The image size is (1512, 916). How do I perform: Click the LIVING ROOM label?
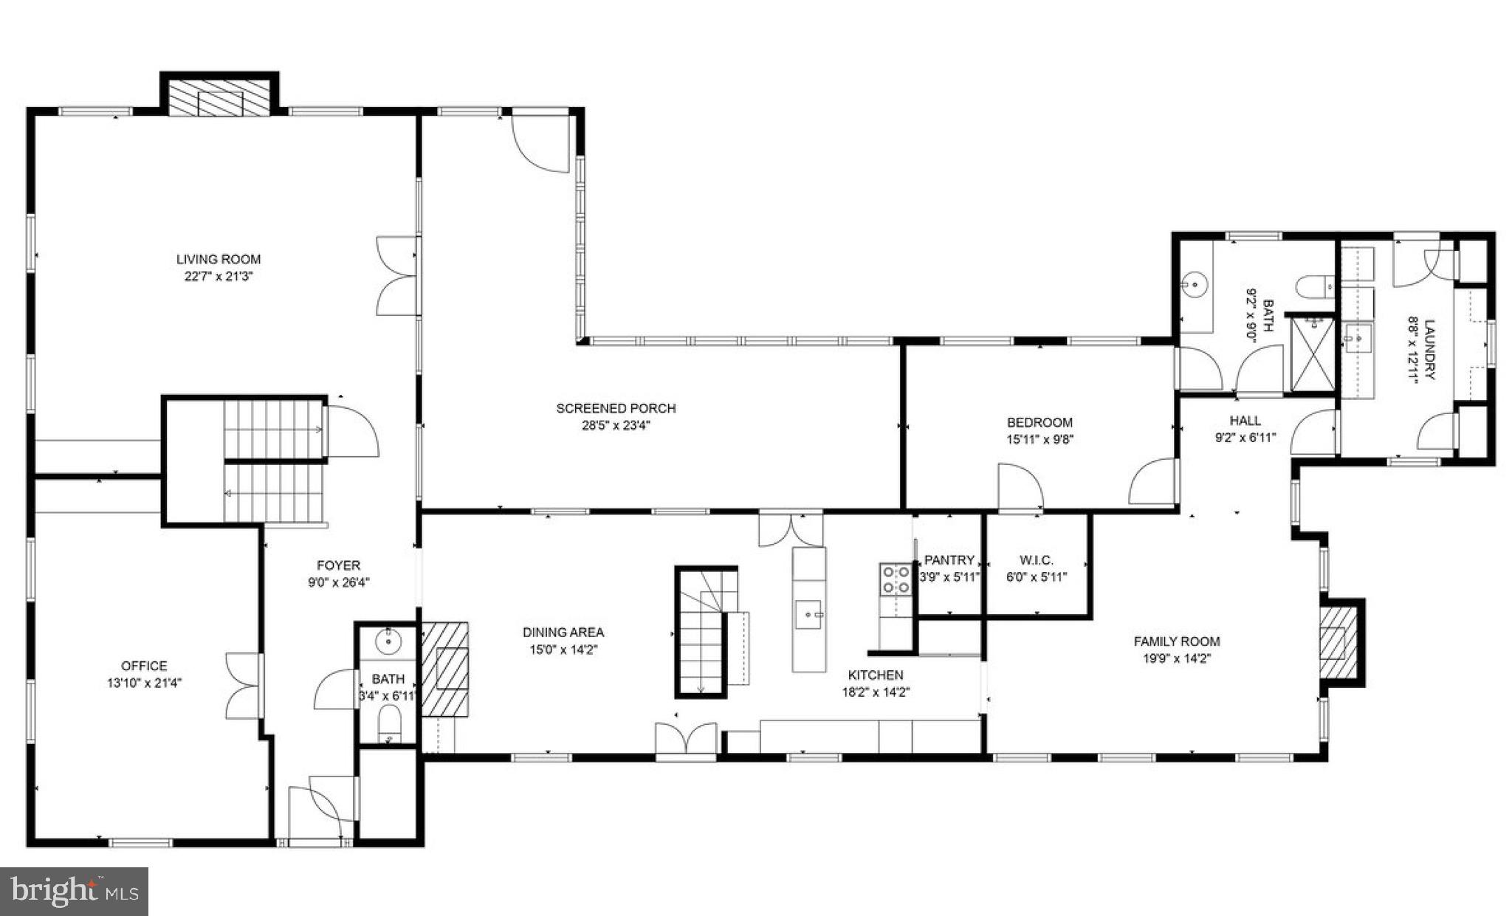pos(218,259)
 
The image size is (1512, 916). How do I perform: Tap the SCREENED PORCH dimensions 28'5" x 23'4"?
pos(616,425)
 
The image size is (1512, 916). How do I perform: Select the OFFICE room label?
pos(144,666)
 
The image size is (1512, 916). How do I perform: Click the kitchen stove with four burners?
pos(894,579)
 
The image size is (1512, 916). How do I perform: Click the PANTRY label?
pos(949,560)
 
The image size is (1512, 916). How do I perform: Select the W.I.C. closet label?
pos(1036,560)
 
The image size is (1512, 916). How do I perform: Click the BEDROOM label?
pos(1039,422)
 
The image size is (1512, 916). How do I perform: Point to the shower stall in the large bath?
pos(1313,353)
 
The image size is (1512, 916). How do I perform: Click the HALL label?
pos(1245,421)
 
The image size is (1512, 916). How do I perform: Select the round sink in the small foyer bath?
pos(387,642)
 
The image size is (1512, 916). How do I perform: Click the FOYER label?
pos(338,565)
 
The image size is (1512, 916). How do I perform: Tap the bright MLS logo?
pos(74,891)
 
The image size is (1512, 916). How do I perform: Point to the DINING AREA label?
pos(563,633)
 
